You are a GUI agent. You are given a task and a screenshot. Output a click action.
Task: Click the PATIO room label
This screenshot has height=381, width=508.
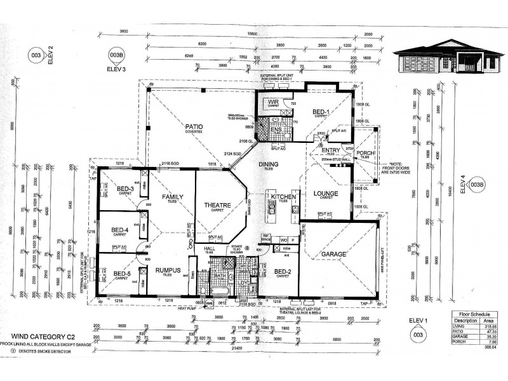click(x=194, y=126)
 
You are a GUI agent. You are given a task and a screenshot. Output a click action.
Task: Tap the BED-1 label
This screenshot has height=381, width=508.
click(x=320, y=112)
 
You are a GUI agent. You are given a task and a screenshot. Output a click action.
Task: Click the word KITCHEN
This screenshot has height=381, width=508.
click(x=283, y=197)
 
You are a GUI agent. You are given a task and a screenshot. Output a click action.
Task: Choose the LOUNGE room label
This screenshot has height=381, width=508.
click(x=325, y=193)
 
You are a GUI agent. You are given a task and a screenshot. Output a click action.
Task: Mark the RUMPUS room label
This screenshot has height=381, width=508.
click(x=168, y=270)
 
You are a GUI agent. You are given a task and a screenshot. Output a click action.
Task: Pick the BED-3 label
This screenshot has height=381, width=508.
click(x=125, y=188)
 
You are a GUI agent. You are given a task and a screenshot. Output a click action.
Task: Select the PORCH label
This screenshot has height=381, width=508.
click(x=365, y=152)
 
